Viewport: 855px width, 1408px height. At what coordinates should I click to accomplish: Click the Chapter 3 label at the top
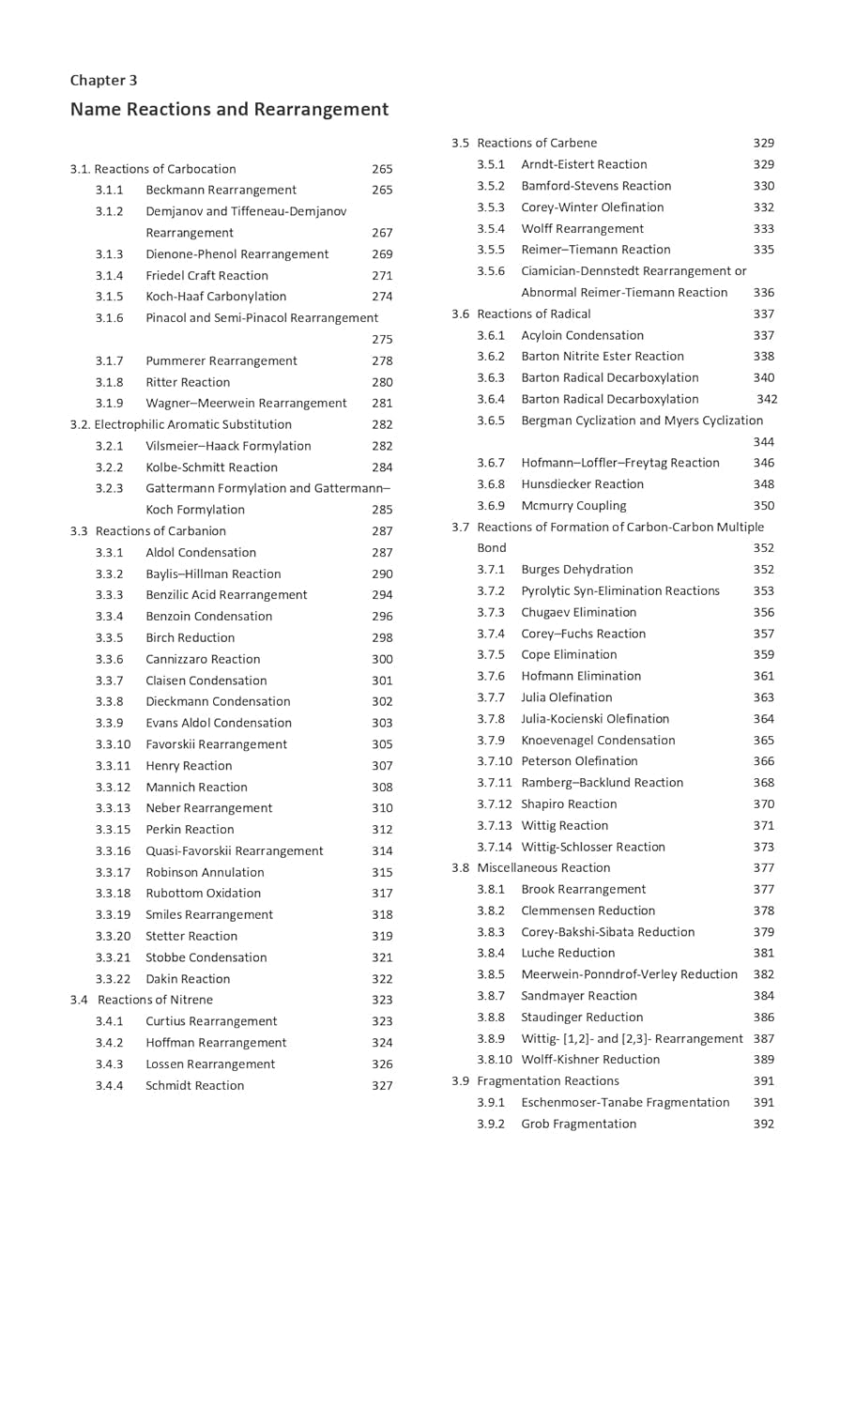click(x=103, y=80)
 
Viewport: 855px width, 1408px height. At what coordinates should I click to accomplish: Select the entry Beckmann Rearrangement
click(x=221, y=190)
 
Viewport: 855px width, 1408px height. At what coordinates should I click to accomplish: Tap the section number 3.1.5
click(x=109, y=297)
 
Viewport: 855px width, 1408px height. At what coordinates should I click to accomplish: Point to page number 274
click(x=382, y=297)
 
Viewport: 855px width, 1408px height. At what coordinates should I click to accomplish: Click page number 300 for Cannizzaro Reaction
click(x=382, y=659)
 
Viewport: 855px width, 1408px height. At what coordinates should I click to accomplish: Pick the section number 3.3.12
click(x=113, y=787)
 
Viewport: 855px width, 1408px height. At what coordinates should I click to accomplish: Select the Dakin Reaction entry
click(x=188, y=979)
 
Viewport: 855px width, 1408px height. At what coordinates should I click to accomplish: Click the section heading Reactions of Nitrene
click(x=155, y=1000)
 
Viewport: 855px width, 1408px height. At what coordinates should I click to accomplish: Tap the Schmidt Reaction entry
click(x=194, y=1085)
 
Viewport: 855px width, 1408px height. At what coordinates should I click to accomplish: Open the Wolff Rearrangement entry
click(x=582, y=228)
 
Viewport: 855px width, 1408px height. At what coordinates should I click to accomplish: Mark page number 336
click(x=763, y=292)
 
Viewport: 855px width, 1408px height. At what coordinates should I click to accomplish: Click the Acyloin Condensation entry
click(x=582, y=335)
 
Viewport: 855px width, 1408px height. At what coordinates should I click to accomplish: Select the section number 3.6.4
click(x=490, y=399)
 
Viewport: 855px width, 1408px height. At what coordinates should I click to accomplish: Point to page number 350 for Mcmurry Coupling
click(x=763, y=505)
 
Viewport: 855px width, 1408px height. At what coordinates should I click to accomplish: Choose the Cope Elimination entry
click(x=569, y=654)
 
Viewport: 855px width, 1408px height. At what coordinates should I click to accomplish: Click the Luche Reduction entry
click(x=568, y=953)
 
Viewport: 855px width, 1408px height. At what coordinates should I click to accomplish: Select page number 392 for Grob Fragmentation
click(x=763, y=1124)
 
